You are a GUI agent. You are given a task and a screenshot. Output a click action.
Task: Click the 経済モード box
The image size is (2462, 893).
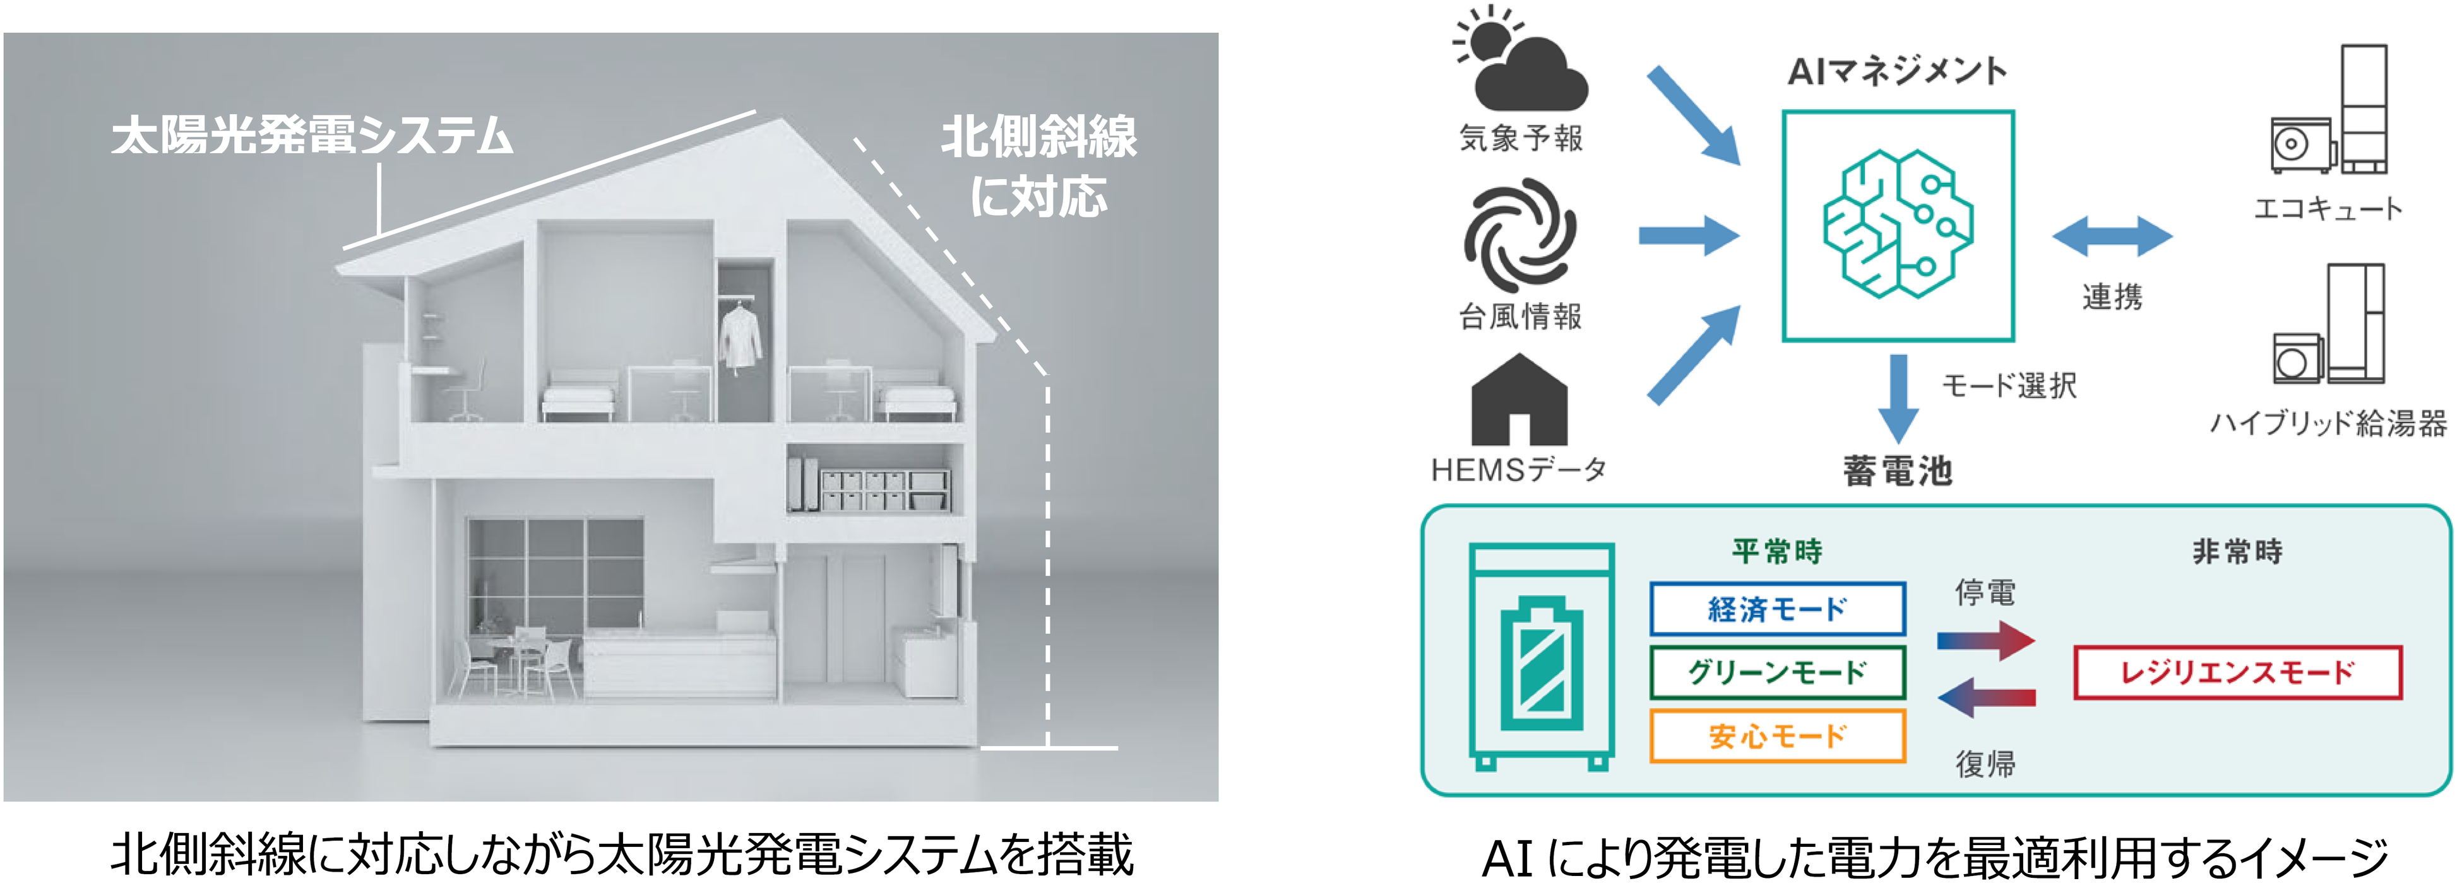point(1776,609)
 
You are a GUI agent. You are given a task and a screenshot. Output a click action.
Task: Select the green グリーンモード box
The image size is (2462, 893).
point(1776,672)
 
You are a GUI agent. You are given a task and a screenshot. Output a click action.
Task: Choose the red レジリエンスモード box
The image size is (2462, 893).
point(2237,672)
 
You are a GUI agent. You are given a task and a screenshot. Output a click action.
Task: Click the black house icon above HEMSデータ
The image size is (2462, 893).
point(1519,400)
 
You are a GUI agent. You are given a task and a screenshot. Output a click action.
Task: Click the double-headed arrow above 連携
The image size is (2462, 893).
point(2112,236)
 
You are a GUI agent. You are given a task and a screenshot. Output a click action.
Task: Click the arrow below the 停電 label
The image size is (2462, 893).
point(1986,640)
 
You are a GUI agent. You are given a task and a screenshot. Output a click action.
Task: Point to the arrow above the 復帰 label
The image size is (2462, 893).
point(1986,697)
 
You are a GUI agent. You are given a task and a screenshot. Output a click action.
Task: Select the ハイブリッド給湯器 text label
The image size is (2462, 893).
point(2328,423)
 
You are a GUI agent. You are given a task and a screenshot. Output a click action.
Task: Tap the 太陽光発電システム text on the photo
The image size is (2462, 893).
point(312,136)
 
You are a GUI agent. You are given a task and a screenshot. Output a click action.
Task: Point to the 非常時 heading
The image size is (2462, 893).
point(2237,551)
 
